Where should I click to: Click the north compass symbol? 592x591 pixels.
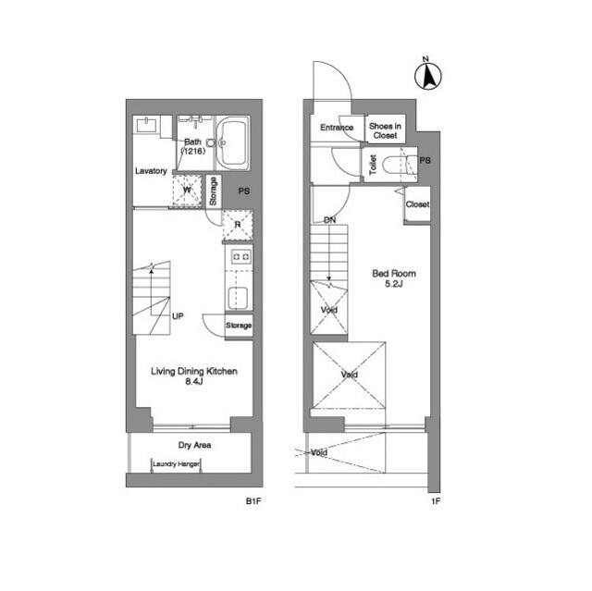coord(428,75)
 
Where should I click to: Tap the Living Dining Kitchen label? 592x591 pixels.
coord(194,372)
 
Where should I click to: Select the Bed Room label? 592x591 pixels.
coord(394,273)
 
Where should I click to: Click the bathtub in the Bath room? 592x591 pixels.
coord(232,143)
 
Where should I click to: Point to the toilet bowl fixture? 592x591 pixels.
coord(398,165)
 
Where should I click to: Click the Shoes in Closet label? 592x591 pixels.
coord(385,130)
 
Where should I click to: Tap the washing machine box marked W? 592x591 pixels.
coord(187,191)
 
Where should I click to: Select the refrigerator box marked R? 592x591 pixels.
coord(238,225)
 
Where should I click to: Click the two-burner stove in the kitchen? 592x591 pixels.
coord(240,257)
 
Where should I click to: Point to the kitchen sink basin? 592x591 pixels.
coord(238,298)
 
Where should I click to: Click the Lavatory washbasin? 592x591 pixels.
coord(146,125)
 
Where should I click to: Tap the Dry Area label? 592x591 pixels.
coord(194,445)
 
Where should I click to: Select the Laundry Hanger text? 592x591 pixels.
coord(176,463)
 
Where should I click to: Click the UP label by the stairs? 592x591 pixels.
coord(178,316)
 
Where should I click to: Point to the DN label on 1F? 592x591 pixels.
coord(329,220)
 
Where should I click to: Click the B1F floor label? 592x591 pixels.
coord(253,501)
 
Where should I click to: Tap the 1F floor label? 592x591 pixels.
coord(436,501)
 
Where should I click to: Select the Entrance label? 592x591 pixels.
coord(337,128)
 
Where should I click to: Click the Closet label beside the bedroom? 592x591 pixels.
coord(417,204)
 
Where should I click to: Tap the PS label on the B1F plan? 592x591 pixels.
coord(244,191)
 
